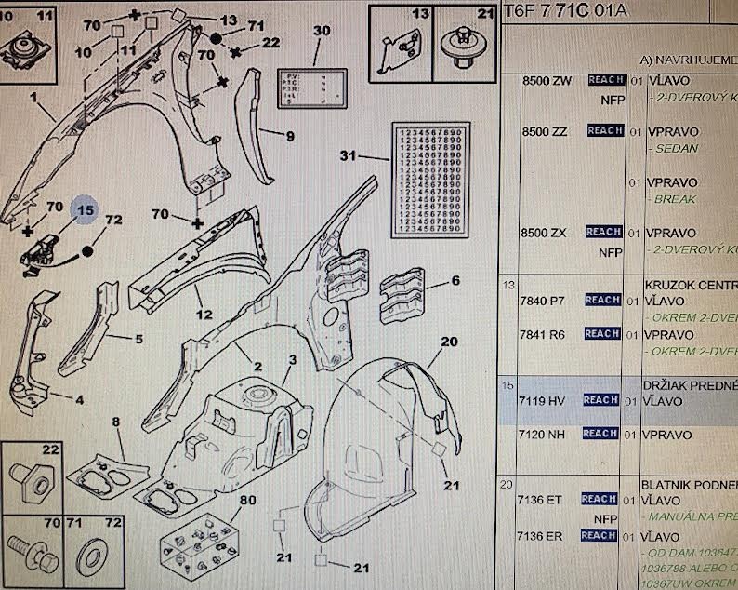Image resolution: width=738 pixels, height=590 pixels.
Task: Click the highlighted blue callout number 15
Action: pyautogui.click(x=85, y=210)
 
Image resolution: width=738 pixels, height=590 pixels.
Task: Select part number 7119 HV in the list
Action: pyautogui.click(x=544, y=400)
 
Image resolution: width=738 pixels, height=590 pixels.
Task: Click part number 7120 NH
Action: pyautogui.click(x=544, y=434)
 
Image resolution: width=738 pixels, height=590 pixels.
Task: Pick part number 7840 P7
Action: pyautogui.click(x=544, y=300)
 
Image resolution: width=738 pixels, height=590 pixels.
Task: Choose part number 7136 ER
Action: pyautogui.click(x=544, y=535)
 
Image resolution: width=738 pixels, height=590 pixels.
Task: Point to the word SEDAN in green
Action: pyautogui.click(x=675, y=149)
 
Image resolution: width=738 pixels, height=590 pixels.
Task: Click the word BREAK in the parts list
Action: pyautogui.click(x=673, y=199)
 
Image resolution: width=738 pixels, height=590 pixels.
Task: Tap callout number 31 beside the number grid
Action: pyautogui.click(x=348, y=155)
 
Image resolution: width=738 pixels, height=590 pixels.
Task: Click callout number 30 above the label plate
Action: pyautogui.click(x=321, y=31)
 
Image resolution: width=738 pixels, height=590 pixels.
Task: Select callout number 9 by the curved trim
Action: pyautogui.click(x=289, y=137)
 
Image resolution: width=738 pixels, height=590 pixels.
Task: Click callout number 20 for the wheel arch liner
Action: pyautogui.click(x=450, y=342)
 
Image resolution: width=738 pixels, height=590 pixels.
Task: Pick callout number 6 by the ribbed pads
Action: pyautogui.click(x=455, y=280)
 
